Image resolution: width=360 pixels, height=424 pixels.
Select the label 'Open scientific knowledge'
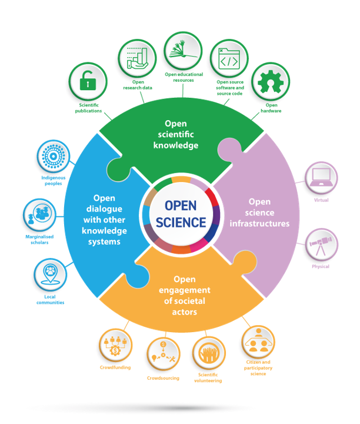click(181, 135)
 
